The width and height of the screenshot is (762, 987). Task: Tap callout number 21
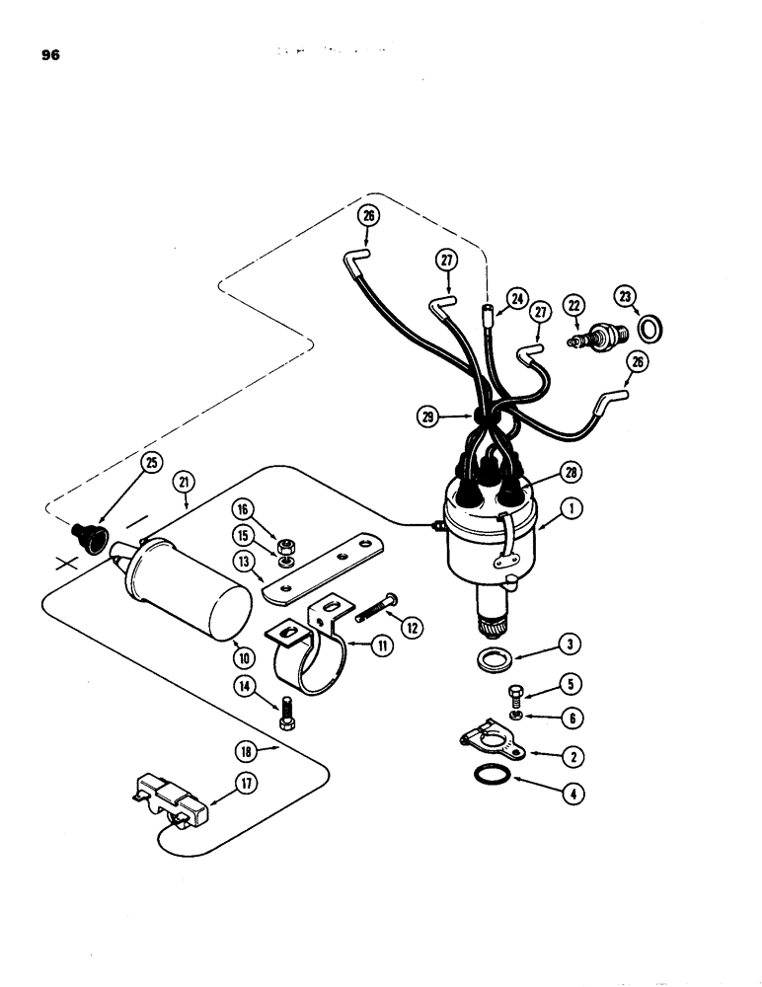184,481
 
